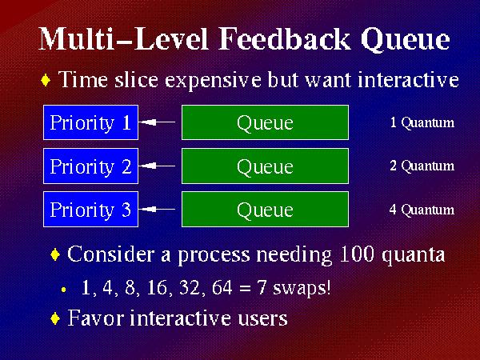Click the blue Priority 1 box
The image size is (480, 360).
click(90, 122)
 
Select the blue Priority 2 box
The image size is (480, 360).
click(90, 166)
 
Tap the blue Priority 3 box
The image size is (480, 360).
click(90, 210)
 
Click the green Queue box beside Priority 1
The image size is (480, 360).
click(265, 122)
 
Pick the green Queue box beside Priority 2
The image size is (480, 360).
click(265, 166)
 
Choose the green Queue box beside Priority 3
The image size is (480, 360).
click(265, 210)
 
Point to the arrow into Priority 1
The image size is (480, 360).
click(157, 122)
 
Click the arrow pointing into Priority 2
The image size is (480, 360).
click(157, 166)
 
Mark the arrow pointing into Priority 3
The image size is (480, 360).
click(157, 210)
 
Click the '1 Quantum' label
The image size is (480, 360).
click(422, 122)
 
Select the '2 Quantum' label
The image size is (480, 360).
click(422, 166)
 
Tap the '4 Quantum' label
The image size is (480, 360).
click(422, 210)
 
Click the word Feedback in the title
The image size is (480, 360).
click(284, 39)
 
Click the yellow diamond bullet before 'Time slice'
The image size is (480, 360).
click(46, 80)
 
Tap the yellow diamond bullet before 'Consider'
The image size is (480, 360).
click(55, 254)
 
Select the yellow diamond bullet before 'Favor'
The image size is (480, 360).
click(55, 318)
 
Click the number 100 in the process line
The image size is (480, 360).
click(357, 254)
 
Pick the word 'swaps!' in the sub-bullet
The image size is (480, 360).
click(302, 288)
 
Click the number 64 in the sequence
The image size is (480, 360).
click(222, 287)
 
